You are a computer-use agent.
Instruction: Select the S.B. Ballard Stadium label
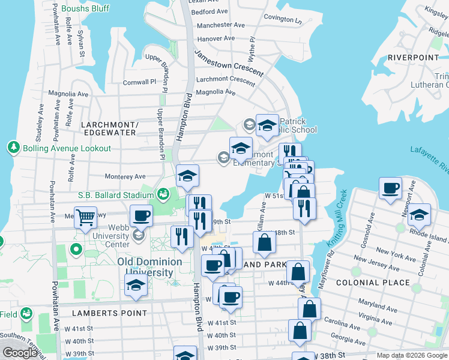tap(116, 195)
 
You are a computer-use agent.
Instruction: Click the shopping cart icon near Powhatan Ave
tap(85, 217)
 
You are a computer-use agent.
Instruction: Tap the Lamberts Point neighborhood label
tap(109, 313)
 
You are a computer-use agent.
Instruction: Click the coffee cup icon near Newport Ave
tap(390, 188)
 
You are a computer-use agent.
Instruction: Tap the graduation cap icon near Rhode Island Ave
tap(420, 214)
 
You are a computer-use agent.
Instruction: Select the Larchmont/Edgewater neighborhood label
tap(109, 128)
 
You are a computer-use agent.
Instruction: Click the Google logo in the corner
tap(20, 353)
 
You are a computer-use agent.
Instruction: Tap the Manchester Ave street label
tap(221, 25)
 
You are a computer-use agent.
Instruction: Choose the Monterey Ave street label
tap(125, 176)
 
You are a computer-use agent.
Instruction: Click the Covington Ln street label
tap(282, 19)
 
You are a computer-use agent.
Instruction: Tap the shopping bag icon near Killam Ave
tap(264, 243)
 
